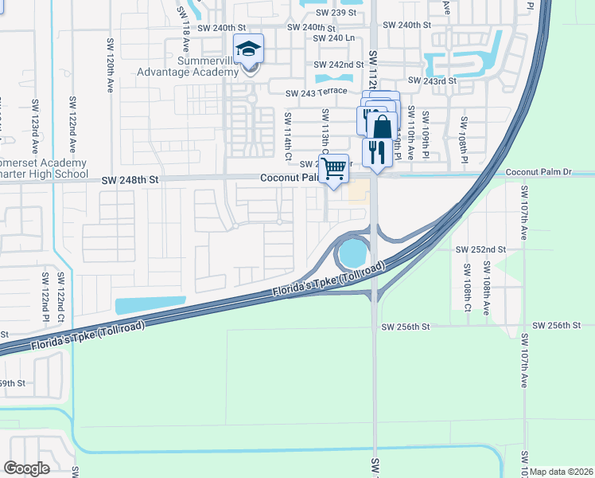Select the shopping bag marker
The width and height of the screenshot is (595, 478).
[383, 126]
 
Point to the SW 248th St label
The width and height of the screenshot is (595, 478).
[130, 181]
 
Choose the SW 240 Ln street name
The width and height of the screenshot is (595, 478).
[334, 37]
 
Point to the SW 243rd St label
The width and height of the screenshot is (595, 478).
[432, 80]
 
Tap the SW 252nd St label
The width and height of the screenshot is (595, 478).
[480, 249]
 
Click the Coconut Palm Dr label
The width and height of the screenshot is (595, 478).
[539, 172]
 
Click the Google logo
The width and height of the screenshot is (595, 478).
[26, 468]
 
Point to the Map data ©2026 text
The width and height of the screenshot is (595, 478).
[562, 472]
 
